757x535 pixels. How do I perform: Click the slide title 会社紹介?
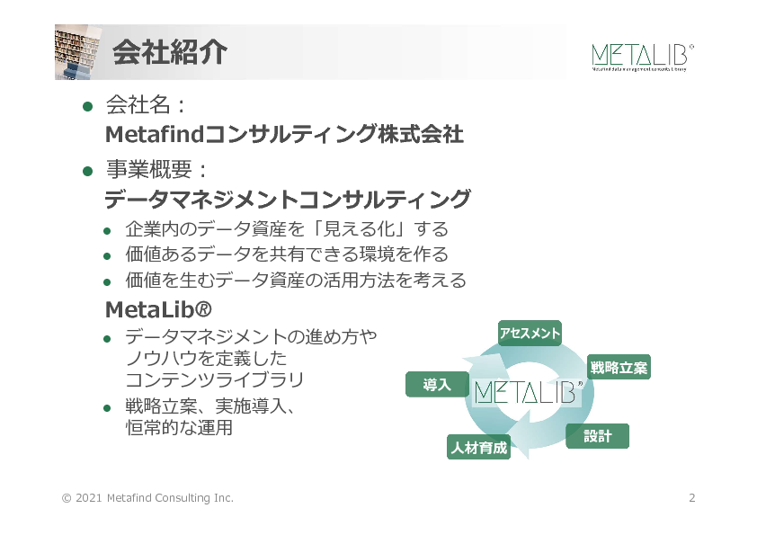coord(169,52)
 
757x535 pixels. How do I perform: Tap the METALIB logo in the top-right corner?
coord(642,55)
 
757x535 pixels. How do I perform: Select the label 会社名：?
coord(146,105)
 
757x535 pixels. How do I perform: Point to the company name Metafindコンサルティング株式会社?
coord(284,135)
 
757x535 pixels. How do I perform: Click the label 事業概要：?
coord(157,170)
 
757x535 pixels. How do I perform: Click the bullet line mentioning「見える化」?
coord(286,228)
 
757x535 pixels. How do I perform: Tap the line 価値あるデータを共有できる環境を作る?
coord(286,254)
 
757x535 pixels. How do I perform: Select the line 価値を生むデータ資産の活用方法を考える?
coord(296,281)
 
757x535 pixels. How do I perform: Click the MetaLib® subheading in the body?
coord(158,310)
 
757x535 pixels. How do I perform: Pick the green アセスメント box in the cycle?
coord(530,334)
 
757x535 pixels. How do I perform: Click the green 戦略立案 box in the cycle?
coord(618,368)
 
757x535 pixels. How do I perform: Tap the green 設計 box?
coord(597,436)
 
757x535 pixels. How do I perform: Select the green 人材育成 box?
coord(478,447)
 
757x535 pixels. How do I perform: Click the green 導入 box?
coord(437,385)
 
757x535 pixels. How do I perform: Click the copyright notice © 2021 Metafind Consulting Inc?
coord(147,498)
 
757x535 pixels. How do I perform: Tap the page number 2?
coord(691,498)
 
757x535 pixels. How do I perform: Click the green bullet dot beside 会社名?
coord(88,106)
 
